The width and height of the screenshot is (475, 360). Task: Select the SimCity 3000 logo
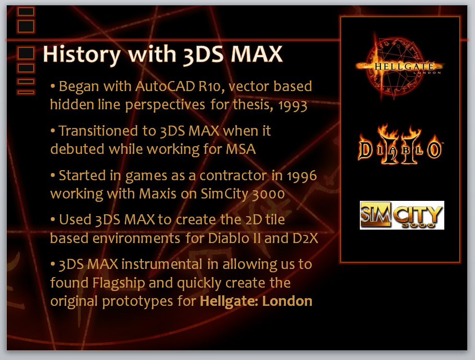click(x=402, y=215)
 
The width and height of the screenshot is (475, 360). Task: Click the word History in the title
click(x=82, y=55)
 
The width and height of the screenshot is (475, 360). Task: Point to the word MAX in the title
click(x=257, y=55)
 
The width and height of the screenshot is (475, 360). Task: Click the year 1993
click(x=293, y=105)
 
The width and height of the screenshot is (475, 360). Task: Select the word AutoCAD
click(x=165, y=86)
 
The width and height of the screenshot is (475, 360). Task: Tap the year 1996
click(x=302, y=176)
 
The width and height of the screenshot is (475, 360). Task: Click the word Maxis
click(x=157, y=194)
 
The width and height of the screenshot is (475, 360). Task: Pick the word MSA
click(x=241, y=149)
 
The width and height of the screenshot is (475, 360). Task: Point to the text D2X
click(x=305, y=238)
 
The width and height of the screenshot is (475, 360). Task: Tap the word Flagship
click(x=119, y=283)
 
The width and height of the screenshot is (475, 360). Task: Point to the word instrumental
click(x=162, y=264)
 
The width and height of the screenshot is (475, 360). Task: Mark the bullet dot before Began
click(x=53, y=86)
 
